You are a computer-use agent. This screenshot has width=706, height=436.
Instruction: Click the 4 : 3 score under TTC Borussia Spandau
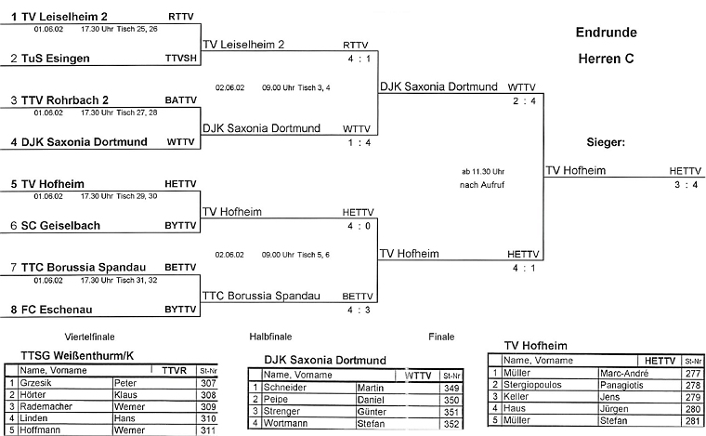(354, 310)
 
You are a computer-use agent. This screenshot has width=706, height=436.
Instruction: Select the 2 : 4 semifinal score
(523, 101)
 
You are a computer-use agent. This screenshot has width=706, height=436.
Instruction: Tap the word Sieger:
(606, 143)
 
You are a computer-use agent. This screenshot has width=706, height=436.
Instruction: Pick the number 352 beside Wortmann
(451, 425)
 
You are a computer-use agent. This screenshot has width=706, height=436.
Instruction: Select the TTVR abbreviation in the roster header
(174, 369)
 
